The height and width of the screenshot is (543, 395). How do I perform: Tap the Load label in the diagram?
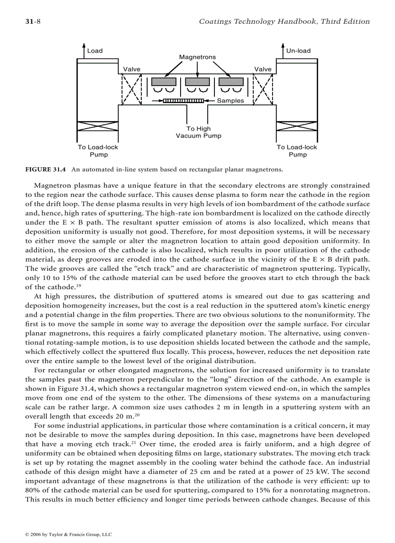[95, 51]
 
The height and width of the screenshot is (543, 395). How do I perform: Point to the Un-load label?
[298, 51]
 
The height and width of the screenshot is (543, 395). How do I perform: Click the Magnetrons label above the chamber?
[197, 57]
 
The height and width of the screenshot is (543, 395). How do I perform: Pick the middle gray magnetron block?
[197, 81]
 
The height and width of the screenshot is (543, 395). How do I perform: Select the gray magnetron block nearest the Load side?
[164, 81]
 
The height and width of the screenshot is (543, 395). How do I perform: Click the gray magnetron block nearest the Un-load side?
[231, 81]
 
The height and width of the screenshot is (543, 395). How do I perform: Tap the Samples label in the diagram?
[230, 101]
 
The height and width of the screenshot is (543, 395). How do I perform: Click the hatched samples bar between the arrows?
[183, 101]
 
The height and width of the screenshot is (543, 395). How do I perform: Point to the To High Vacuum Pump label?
[198, 132]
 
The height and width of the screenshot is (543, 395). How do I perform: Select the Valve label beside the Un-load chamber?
[263, 69]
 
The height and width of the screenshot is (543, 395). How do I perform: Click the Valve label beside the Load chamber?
[132, 69]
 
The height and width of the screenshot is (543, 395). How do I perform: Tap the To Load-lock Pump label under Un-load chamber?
[297, 151]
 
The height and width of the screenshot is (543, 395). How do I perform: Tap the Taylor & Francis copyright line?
[68, 535]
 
